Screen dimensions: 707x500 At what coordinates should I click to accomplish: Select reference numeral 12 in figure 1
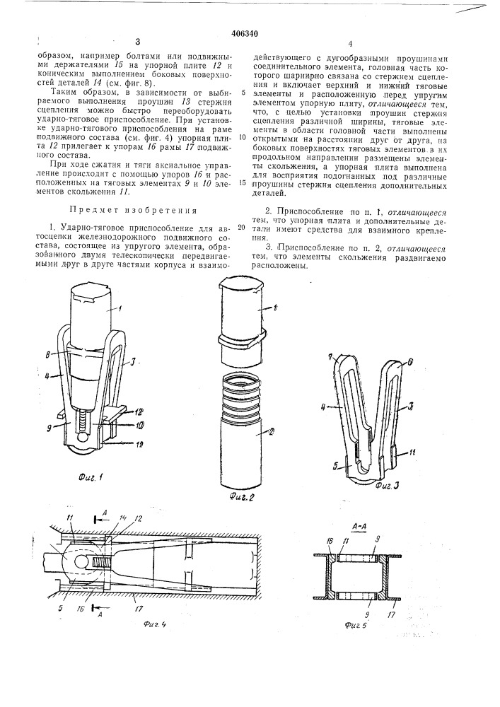point(141,410)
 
